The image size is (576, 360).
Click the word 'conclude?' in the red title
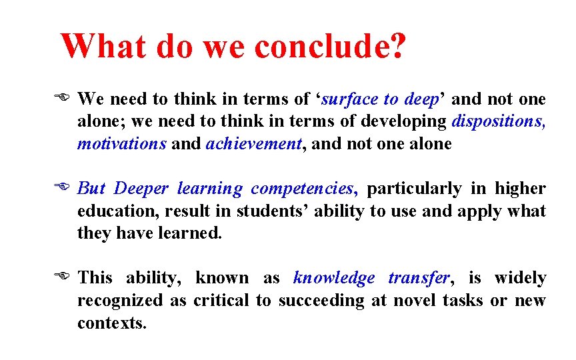pyautogui.click(x=329, y=47)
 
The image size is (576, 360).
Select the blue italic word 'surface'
pyautogui.click(x=351, y=100)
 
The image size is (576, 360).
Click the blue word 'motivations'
pyautogui.click(x=121, y=144)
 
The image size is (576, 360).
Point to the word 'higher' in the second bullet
pyautogui.click(x=519, y=189)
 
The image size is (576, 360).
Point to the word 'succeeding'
pyautogui.click(x=321, y=300)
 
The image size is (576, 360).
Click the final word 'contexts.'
pyautogui.click(x=111, y=323)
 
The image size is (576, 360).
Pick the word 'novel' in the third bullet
pyautogui.click(x=417, y=300)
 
